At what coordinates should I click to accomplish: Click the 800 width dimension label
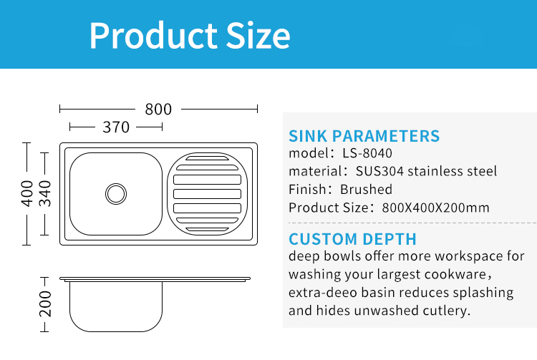click(x=158, y=110)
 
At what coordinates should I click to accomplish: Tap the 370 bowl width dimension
click(x=116, y=127)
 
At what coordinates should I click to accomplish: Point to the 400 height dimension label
click(x=26, y=194)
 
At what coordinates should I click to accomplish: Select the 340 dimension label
click(x=45, y=194)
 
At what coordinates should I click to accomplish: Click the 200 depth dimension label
click(x=45, y=304)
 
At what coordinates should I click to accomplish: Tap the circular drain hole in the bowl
click(x=116, y=194)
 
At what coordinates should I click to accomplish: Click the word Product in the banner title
click(x=153, y=36)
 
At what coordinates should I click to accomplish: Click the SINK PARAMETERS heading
click(x=364, y=136)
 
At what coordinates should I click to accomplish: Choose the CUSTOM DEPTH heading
click(x=352, y=239)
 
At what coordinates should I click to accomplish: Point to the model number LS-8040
click(x=367, y=153)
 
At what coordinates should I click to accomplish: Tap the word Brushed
click(x=366, y=189)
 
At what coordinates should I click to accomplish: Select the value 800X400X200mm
click(x=435, y=208)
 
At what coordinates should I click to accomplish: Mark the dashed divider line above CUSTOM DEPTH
click(x=412, y=223)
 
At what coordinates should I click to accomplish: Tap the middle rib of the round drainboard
click(x=207, y=194)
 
